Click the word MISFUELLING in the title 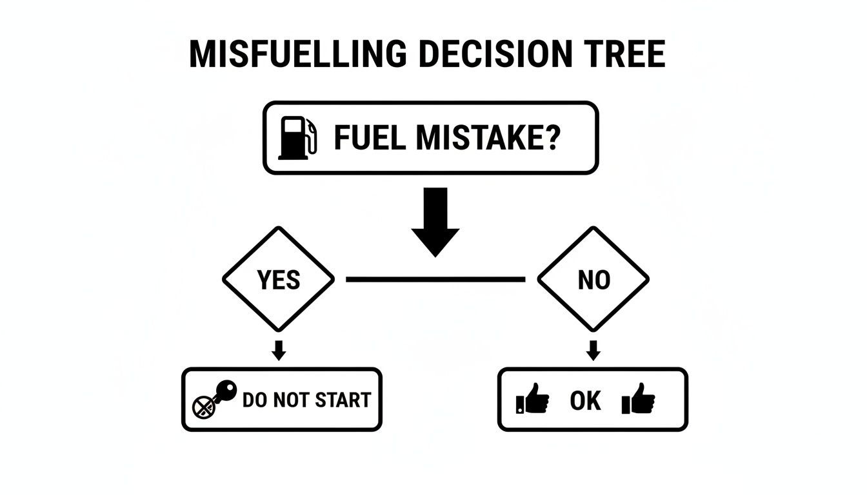pyautogui.click(x=297, y=54)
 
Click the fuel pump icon pyautogui.click(x=297, y=137)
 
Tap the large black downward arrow pyautogui.click(x=435, y=222)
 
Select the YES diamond pyautogui.click(x=279, y=279)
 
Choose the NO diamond pyautogui.click(x=593, y=279)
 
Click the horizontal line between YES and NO pyautogui.click(x=435, y=279)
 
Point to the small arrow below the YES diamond pyautogui.click(x=279, y=350)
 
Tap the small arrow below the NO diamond pyautogui.click(x=593, y=350)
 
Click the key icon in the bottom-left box pyautogui.click(x=224, y=393)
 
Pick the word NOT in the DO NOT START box pyautogui.click(x=293, y=400)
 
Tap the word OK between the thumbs pyautogui.click(x=585, y=401)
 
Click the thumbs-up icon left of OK pyautogui.click(x=533, y=400)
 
